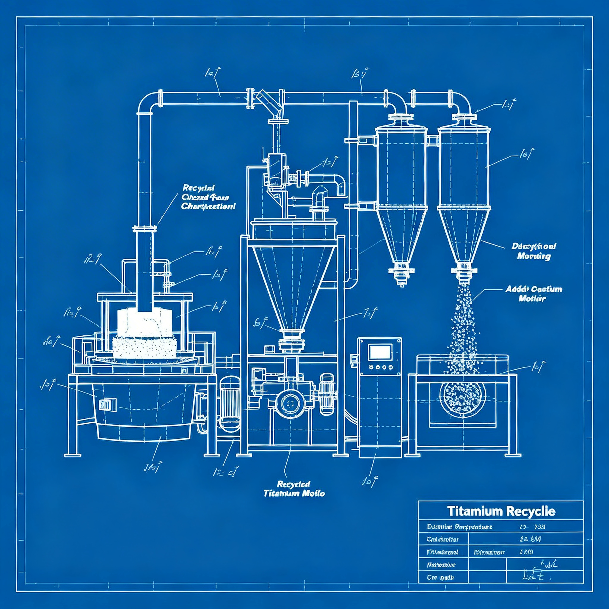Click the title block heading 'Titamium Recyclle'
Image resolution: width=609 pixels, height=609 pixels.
point(501,511)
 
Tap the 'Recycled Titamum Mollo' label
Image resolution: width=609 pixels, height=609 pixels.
point(294,489)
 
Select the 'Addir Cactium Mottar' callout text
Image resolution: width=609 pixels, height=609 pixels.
point(534,293)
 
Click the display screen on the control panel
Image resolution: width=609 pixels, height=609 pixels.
point(380,352)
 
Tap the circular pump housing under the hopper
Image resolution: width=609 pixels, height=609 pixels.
point(289,403)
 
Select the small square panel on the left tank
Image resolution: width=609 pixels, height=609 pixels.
point(107,404)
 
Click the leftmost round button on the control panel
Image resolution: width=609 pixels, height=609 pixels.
point(371,367)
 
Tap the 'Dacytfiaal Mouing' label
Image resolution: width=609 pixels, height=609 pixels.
point(533,251)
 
